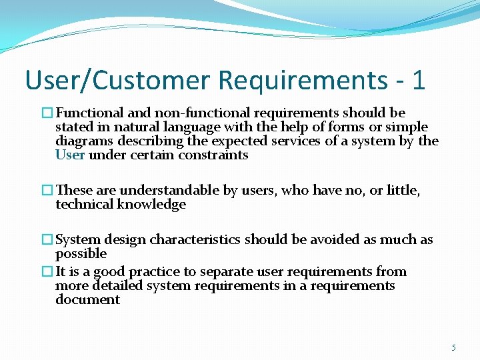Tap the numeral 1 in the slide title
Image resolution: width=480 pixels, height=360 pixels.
418,81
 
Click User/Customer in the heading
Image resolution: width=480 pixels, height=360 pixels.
118,81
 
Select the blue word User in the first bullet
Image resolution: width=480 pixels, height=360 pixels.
70,155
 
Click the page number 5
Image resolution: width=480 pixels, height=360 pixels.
454,347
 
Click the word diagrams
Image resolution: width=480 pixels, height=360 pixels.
85,141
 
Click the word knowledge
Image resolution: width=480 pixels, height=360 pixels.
151,205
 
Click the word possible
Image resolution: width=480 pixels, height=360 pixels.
81,254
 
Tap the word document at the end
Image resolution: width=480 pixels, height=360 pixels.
88,300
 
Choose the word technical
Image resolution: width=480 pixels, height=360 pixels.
85,205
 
